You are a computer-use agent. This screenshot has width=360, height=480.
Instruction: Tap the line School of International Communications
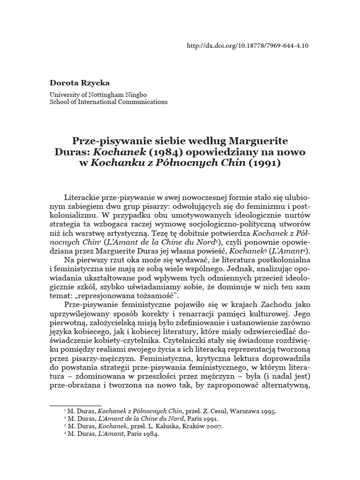[x=108, y=102]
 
